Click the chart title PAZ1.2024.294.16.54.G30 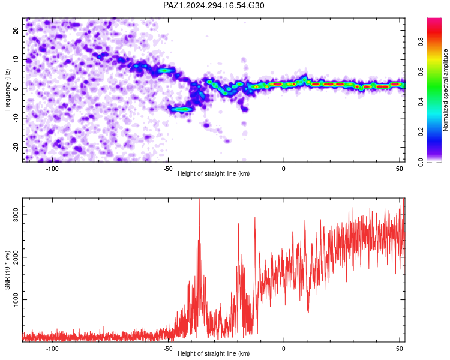point(214,5)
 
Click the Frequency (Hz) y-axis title point(7,90)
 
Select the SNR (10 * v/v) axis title point(7,270)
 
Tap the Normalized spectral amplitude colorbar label point(445,90)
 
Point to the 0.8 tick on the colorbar point(421,41)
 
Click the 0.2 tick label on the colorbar point(421,131)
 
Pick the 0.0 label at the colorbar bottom point(421,162)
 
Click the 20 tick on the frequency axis point(16,30)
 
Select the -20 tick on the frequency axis point(16,147)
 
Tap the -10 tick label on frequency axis point(16,118)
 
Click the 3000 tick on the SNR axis point(16,215)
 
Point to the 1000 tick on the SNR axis point(16,299)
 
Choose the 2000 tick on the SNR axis point(16,257)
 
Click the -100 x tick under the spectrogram point(52,169)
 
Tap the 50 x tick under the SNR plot point(400,349)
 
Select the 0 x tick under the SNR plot point(284,349)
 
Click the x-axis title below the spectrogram point(214,173)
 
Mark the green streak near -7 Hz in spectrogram point(182,109)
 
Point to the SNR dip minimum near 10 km point(308,313)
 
